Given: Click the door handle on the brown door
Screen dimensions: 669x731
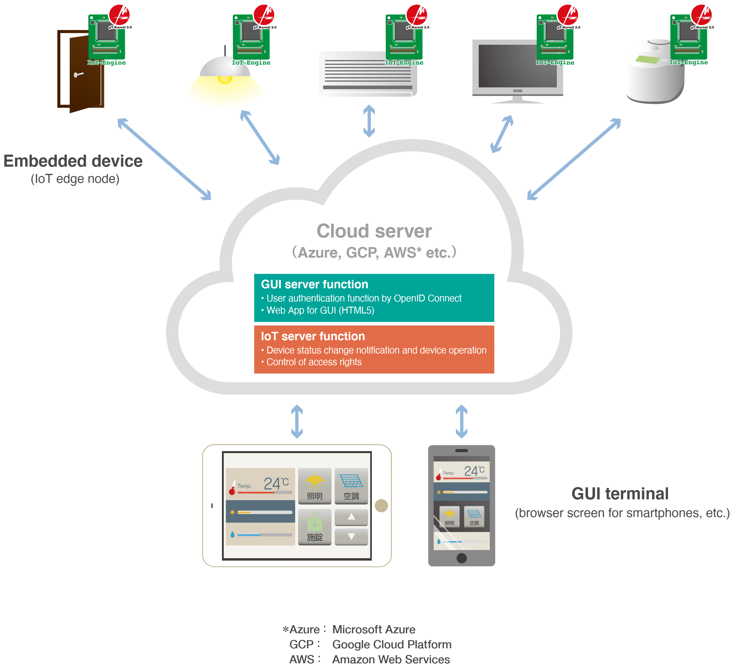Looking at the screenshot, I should tap(78, 75).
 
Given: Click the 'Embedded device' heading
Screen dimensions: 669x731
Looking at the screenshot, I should tap(73, 161).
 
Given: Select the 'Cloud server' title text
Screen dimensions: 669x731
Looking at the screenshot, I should tap(374, 231).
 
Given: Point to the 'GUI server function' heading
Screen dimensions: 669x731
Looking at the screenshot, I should tap(314, 284).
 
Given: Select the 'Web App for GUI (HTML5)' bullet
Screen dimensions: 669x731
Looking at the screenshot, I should tap(320, 310).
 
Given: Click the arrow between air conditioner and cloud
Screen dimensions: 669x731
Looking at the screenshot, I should tap(369, 121).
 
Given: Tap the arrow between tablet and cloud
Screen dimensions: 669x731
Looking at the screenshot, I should tap(297, 421).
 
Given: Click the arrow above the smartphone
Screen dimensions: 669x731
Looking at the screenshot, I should tap(461, 421).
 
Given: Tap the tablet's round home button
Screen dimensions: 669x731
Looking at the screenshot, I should tap(381, 505).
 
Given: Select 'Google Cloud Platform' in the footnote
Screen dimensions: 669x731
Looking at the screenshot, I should tap(392, 644).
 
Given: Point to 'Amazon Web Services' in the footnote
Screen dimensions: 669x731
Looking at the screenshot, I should tap(391, 659).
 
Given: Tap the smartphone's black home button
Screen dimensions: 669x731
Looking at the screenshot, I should tap(461, 558).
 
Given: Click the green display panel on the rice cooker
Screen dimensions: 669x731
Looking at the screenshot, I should tap(648, 59).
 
